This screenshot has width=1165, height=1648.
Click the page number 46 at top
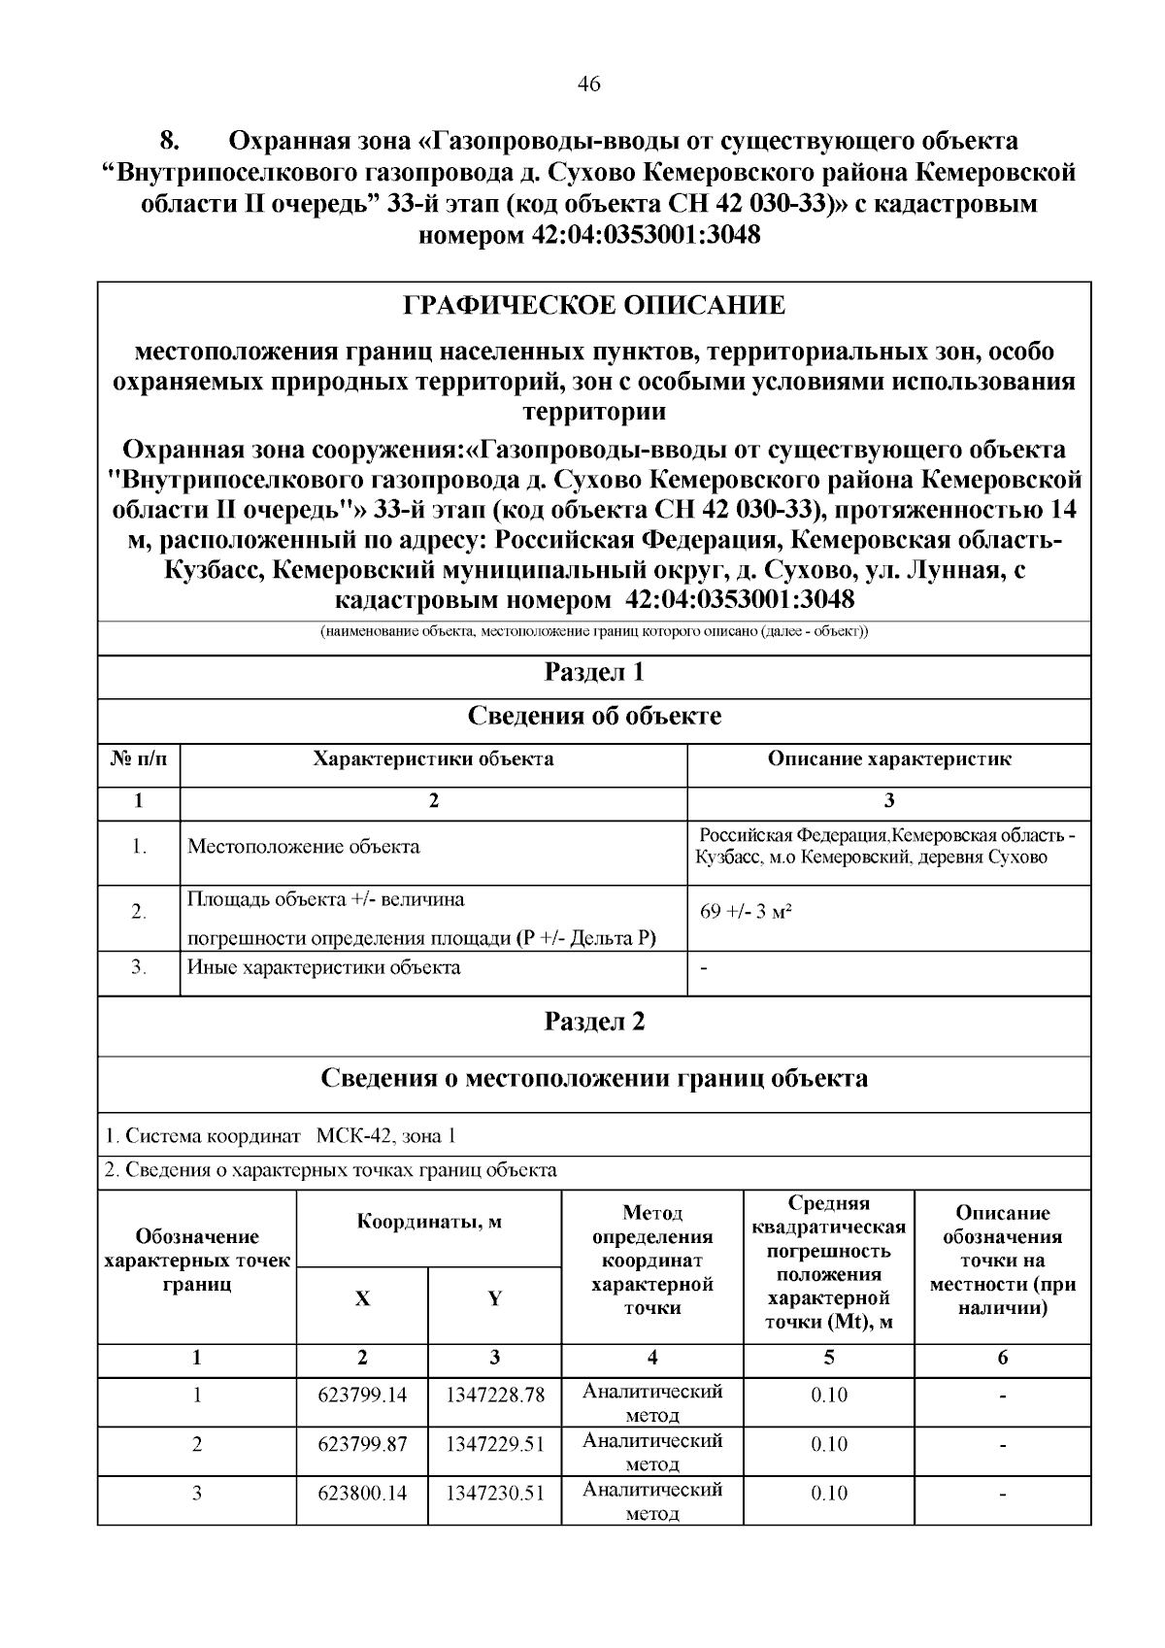pos(588,84)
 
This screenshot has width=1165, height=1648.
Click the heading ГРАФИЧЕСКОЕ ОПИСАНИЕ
pos(594,306)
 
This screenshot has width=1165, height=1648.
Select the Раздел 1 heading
pos(594,673)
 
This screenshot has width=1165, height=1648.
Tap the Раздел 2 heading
pos(594,1022)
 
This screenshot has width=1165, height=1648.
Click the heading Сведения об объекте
pos(594,717)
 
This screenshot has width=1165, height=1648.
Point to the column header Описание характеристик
pos(888,759)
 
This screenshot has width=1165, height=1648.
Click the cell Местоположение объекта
pos(303,847)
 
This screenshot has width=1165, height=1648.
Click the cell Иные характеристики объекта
pos(323,967)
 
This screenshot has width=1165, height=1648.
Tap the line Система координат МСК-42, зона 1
pos(280,1136)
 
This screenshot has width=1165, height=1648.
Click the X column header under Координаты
pos(362,1299)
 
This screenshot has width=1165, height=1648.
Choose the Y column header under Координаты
pos(494,1299)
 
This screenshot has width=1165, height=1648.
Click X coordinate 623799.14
pos(362,1396)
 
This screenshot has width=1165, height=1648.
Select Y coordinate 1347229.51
pos(494,1444)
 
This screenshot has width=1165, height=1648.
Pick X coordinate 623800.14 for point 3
pos(362,1493)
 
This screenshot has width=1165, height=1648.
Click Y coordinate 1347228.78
pos(494,1396)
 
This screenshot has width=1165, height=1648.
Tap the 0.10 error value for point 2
pos(828,1444)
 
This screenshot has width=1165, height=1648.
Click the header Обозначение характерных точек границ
pos(197,1261)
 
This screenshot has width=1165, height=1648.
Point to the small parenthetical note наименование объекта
pos(594,632)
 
